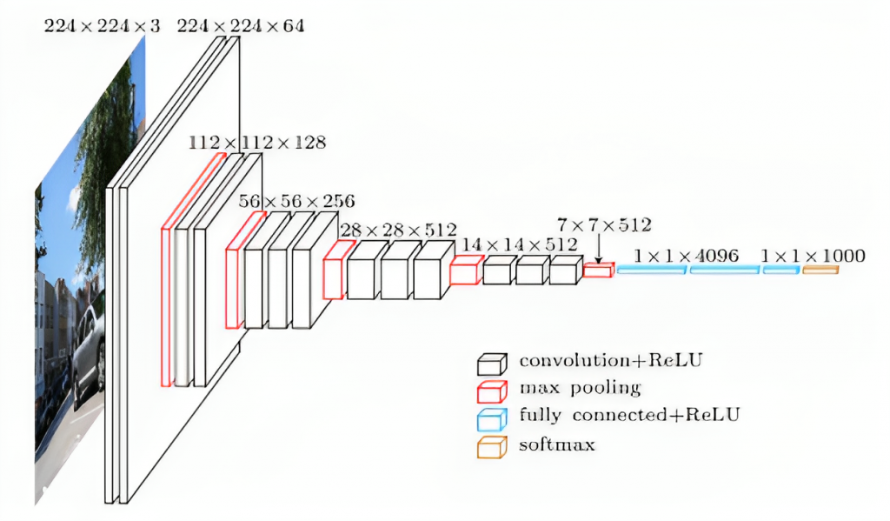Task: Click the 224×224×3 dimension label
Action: click(x=102, y=25)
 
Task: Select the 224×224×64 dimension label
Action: click(x=241, y=25)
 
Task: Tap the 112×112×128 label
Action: click(x=257, y=143)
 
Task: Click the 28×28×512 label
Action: click(x=398, y=230)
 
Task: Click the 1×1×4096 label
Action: click(x=686, y=256)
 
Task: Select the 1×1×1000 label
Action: click(x=813, y=256)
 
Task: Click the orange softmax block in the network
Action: click(x=820, y=271)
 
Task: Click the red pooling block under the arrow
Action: click(x=598, y=271)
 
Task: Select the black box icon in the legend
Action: click(x=491, y=363)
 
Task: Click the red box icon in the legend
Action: click(x=491, y=391)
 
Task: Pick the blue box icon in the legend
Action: click(x=491, y=419)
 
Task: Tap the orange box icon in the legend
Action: click(x=491, y=447)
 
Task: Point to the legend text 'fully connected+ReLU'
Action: click(x=629, y=415)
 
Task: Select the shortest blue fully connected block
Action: click(x=780, y=271)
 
